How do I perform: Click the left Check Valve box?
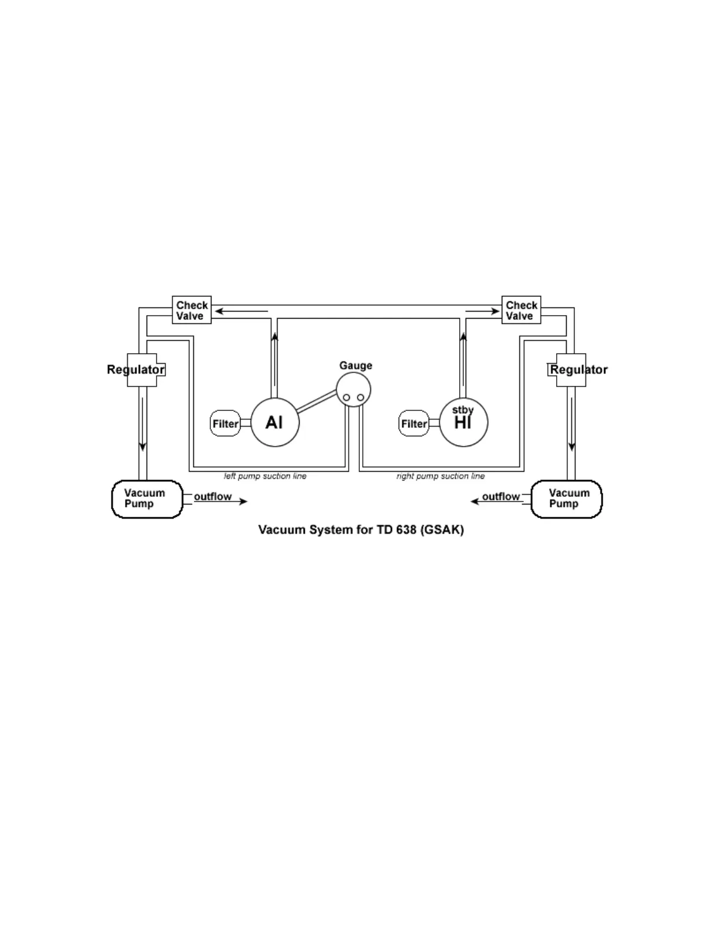pos(192,310)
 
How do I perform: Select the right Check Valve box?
pos(521,310)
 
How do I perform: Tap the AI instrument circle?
pos(275,422)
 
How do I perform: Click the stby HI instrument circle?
pos(463,422)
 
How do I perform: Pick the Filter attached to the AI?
pos(225,423)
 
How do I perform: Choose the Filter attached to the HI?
pos(414,423)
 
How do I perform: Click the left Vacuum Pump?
pos(147,499)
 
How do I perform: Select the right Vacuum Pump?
pos(566,499)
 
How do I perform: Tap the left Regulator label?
pos(136,369)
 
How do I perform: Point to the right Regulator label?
pos(578,369)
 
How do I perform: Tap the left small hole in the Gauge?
pos(346,398)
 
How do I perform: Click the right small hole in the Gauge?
pos(360,398)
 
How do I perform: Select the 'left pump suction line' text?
pos(265,476)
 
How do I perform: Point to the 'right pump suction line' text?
pos(440,476)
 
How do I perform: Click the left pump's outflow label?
pos(213,496)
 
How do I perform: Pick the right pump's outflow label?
pos(501,496)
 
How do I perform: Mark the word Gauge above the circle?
pos(356,365)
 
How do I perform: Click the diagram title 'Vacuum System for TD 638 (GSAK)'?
pos(361,530)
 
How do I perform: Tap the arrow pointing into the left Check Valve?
pos(240,312)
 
